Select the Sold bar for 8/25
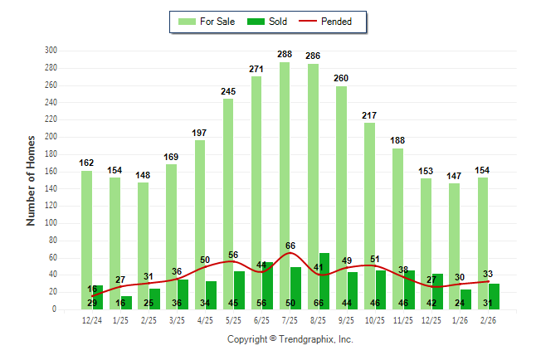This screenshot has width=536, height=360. click(324, 282)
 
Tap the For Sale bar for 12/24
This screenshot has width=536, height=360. click(86, 232)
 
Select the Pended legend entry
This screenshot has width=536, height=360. click(336, 22)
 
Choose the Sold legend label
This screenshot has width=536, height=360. click(278, 22)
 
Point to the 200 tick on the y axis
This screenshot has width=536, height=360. click(51, 137)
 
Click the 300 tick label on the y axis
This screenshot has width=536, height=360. click(51, 51)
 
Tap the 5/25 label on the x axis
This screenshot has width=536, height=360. click(233, 319)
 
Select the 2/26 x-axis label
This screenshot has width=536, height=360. click(488, 319)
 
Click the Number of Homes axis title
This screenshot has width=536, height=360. click(32, 180)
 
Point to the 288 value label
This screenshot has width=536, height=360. click(285, 54)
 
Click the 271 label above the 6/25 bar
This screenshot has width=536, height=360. click(256, 68)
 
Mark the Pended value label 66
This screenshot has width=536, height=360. click(290, 246)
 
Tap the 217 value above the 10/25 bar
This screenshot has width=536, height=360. click(369, 115)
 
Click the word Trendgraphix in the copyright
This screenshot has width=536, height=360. click(305, 339)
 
